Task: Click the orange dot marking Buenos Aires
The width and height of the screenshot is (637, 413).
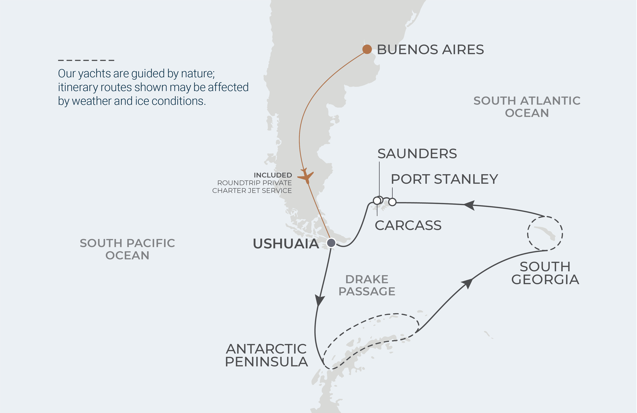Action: point(367,49)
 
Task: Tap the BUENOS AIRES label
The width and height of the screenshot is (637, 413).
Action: point(430,50)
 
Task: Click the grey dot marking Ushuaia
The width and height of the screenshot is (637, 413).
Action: point(331,243)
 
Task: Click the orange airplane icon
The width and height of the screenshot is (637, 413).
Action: point(306,176)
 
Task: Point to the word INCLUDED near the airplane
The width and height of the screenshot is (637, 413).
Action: point(273,175)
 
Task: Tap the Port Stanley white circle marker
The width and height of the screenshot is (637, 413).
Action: point(392,202)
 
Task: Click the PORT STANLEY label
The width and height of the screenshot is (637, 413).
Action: point(444,179)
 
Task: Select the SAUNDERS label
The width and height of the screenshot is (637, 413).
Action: point(417,154)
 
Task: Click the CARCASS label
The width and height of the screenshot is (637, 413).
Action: point(408,225)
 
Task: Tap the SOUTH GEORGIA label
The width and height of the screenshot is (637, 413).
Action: point(545,273)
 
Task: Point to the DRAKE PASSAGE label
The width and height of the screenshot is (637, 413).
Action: point(367,285)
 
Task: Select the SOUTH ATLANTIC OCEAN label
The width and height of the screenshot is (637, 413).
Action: point(527,107)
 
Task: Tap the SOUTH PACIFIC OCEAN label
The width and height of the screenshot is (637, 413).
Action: point(127,249)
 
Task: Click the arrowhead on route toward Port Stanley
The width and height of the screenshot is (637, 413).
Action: point(470,205)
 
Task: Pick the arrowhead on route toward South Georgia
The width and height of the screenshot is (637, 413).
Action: point(467,283)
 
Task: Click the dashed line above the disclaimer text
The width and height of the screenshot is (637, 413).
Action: point(86,60)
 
